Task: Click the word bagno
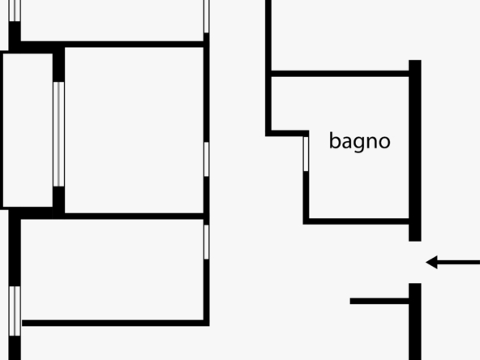[360, 141]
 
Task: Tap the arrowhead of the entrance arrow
[431, 263]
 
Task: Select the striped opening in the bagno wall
[306, 154]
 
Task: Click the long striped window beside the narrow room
[58, 134]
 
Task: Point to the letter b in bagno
[334, 140]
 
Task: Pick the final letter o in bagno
[385, 143]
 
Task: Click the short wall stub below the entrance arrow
[379, 302]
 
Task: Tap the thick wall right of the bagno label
[415, 151]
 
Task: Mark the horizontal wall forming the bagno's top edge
[340, 74]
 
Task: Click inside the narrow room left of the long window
[28, 130]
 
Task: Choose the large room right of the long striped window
[134, 130]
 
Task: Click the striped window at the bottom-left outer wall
[15, 311]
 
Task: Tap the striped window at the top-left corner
[15, 11]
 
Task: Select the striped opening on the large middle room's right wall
[206, 159]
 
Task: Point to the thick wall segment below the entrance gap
[415, 321]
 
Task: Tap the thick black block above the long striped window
[58, 64]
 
